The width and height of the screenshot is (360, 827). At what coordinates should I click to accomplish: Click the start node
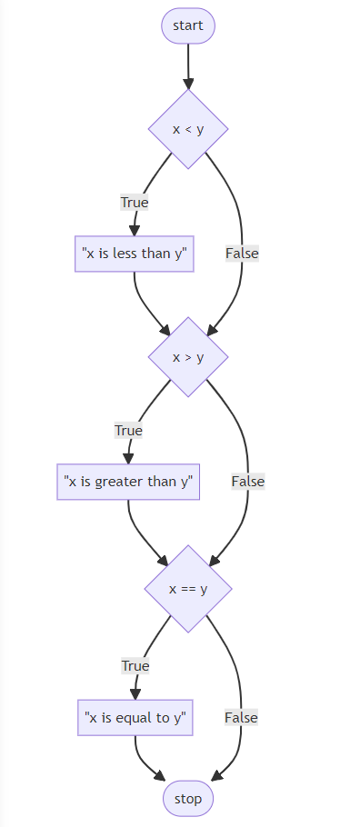click(x=188, y=25)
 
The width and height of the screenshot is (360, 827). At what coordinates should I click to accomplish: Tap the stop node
click(x=188, y=799)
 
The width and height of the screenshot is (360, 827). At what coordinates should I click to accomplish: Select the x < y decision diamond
click(x=188, y=128)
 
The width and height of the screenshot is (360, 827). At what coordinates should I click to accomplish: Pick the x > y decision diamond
click(x=188, y=356)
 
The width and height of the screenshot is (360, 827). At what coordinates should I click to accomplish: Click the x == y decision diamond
click(x=188, y=588)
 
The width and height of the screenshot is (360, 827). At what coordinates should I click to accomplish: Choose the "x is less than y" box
click(x=135, y=254)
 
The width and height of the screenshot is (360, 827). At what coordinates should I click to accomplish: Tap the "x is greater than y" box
click(x=128, y=482)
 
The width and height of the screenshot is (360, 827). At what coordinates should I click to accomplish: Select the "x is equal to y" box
click(x=135, y=717)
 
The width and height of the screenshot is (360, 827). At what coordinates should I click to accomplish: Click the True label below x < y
click(x=135, y=203)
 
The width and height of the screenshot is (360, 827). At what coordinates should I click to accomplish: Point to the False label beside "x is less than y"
click(x=243, y=254)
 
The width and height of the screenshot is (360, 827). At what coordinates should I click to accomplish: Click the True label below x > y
click(x=128, y=430)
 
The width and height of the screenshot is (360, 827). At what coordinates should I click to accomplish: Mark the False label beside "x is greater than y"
click(x=248, y=481)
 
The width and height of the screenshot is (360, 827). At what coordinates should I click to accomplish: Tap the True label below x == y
click(x=135, y=665)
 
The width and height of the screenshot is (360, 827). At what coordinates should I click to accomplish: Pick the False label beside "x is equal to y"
click(x=242, y=717)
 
